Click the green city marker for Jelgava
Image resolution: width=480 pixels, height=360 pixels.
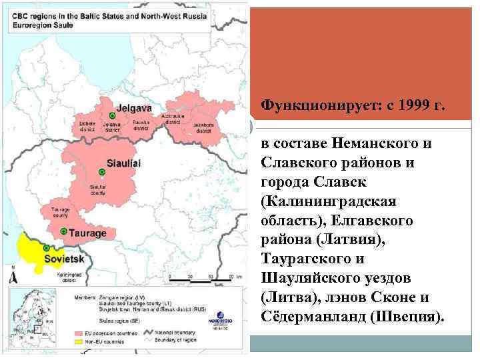point(112,115)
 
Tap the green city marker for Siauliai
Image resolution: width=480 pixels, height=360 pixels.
point(100,163)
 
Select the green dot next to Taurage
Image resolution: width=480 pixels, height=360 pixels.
point(63,231)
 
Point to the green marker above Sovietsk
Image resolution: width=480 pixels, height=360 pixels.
point(45,248)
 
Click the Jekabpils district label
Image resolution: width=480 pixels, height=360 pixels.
point(189,125)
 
